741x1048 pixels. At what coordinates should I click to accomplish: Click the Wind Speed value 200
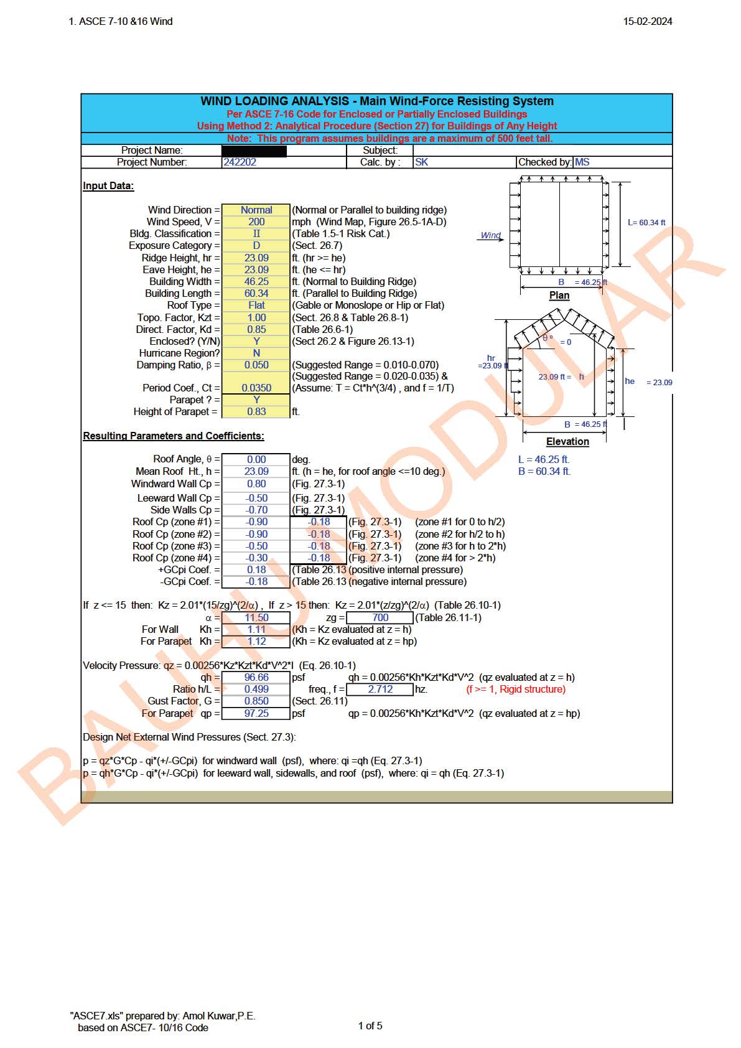pos(256,222)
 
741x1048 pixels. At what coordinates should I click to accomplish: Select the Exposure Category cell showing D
pos(256,246)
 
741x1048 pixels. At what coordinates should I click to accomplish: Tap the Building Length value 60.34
pos(256,294)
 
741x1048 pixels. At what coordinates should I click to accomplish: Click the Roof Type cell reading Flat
pos(256,306)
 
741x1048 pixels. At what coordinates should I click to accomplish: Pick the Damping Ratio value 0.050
pos(256,365)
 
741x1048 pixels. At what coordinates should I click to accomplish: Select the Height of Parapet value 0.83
pos(256,412)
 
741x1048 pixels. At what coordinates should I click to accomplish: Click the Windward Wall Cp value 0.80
pos(256,484)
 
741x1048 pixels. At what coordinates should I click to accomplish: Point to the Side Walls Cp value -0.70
pos(256,510)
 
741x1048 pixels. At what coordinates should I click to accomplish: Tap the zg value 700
pos(380,618)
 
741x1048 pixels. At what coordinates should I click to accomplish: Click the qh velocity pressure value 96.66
pos(256,678)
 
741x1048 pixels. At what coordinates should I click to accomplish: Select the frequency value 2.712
pos(380,690)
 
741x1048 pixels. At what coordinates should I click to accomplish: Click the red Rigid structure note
pos(516,690)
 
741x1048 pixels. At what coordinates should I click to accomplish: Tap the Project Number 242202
pos(240,162)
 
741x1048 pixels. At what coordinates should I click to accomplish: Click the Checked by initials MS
pos(582,162)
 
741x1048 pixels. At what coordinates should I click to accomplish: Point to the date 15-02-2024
pos(648,21)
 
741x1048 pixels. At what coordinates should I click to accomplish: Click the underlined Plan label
pos(559,296)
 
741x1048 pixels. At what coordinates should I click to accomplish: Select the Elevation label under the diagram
pos(567,442)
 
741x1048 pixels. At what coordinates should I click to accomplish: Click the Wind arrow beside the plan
pos(492,236)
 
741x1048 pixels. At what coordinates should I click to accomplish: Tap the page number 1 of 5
pos(370,1026)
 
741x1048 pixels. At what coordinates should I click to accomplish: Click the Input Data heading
pos(108,186)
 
